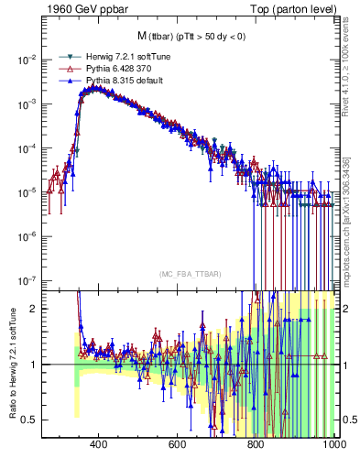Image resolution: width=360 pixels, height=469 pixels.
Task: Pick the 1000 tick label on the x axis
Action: (333, 444)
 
